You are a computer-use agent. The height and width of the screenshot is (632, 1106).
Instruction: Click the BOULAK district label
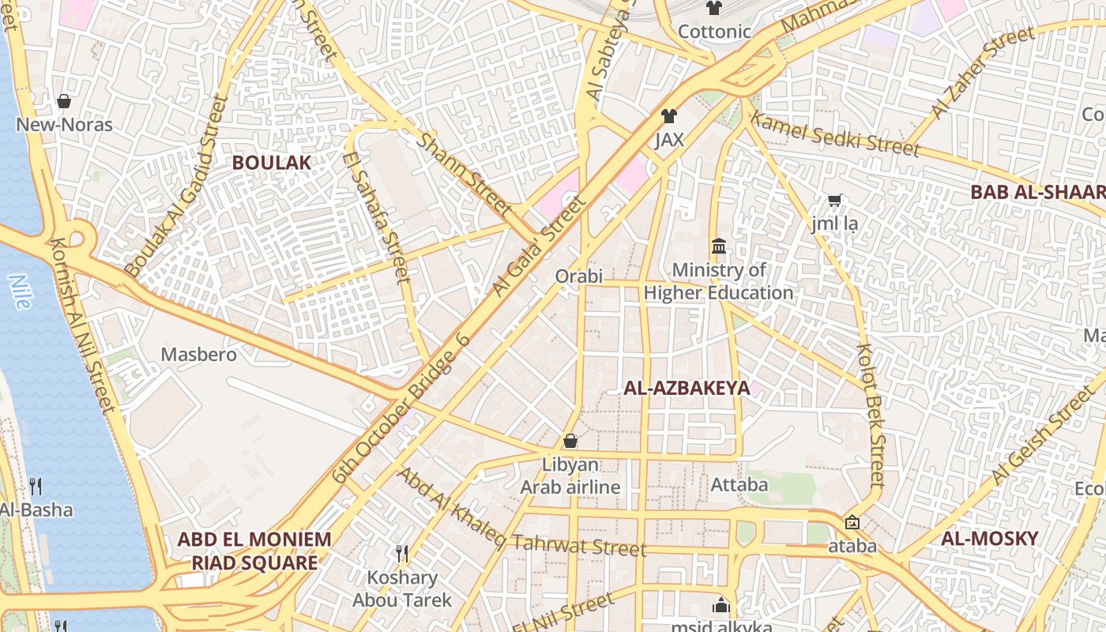pos(271,163)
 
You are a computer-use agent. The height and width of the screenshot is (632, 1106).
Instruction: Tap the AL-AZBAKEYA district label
pos(687,388)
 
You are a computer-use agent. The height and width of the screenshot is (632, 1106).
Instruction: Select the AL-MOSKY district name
pos(990,539)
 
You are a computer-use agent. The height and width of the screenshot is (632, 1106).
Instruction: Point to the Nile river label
pos(19,291)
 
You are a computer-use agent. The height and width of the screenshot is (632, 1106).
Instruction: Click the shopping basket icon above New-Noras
pos(64,101)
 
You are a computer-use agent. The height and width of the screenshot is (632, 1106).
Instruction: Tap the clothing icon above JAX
pos(669,116)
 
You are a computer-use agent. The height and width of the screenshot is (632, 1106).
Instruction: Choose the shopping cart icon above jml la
pos(834,201)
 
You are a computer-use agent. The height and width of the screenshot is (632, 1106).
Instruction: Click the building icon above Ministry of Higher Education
pos(719,246)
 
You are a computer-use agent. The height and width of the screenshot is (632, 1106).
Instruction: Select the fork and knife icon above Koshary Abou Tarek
pos(402,553)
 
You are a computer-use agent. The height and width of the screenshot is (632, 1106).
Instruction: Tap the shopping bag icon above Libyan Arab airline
pos(570,441)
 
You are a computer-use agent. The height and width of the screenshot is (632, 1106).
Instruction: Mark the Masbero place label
pos(198,355)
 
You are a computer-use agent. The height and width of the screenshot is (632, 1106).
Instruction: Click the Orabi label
pos(578,276)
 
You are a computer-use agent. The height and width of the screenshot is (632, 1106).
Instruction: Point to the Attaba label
pos(739,484)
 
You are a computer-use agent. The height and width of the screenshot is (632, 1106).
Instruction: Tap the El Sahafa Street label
pos(377,216)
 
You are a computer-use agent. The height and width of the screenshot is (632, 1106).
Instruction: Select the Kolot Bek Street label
pos(870,414)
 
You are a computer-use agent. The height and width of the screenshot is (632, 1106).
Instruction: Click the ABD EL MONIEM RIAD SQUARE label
pos(254,551)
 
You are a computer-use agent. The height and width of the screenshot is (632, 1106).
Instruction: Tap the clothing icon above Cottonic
pos(714,9)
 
